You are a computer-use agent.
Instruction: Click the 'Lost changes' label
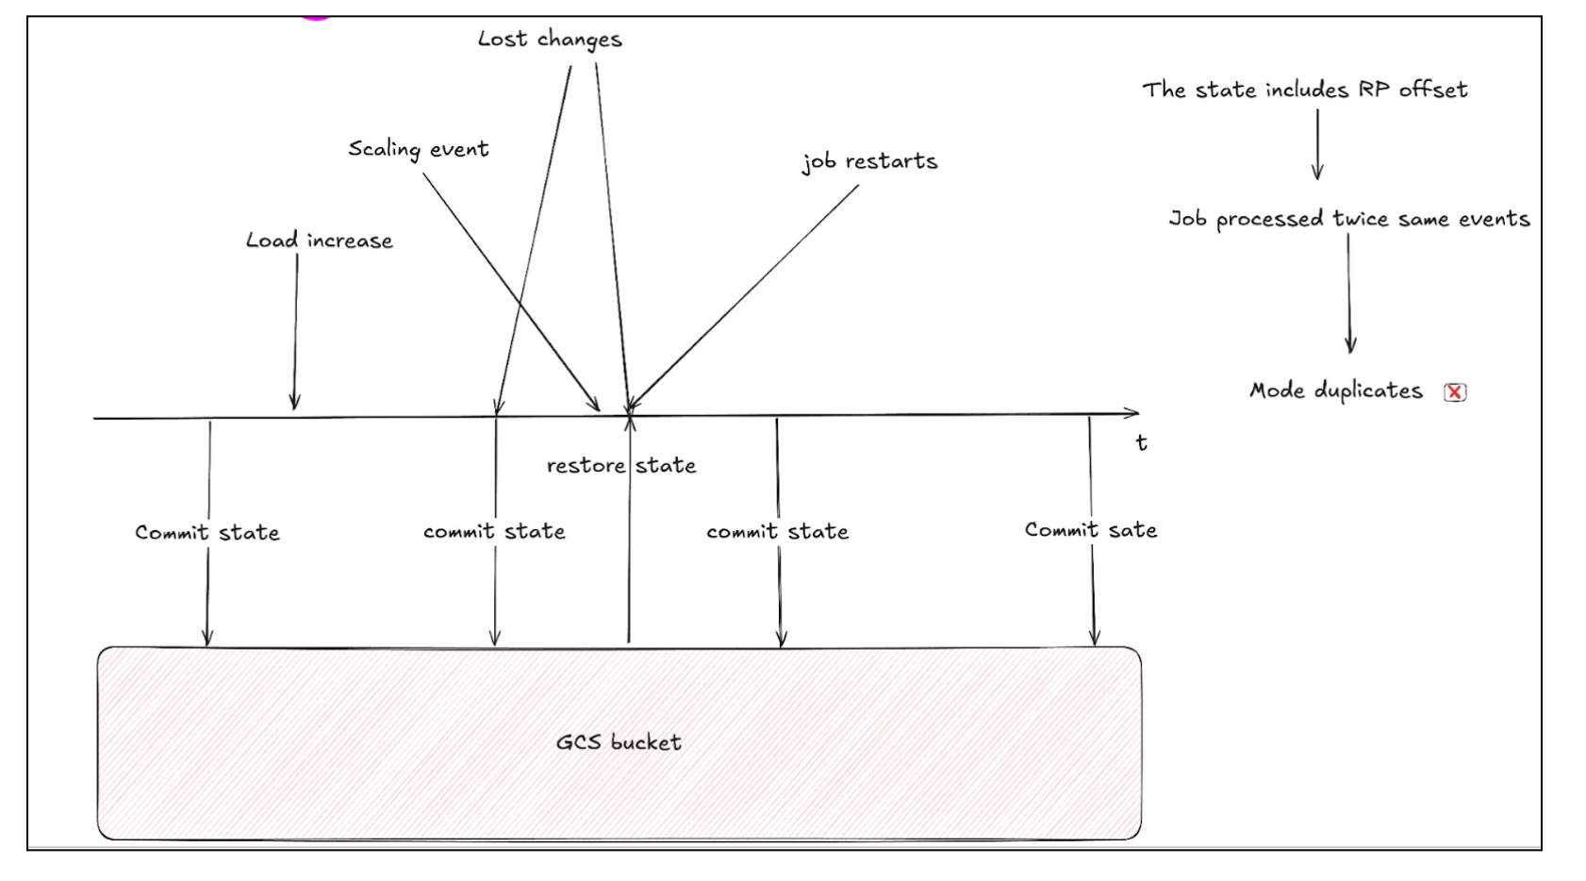click(550, 40)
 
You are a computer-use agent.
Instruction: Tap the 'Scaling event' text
click(419, 149)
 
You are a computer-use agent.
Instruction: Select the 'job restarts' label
click(869, 161)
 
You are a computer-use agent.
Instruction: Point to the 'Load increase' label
click(319, 241)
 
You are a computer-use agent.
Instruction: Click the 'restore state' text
click(621, 465)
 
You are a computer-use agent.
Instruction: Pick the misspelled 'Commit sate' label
click(1090, 530)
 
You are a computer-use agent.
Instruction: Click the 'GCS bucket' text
click(619, 742)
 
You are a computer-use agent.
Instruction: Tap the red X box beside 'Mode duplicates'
click(1455, 392)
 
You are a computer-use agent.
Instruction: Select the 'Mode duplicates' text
click(1335, 391)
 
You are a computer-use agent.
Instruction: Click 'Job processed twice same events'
click(1348, 219)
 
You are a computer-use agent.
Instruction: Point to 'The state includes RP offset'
click(1305, 90)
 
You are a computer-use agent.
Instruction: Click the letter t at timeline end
click(1141, 442)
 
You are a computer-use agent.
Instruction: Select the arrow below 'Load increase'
click(296, 330)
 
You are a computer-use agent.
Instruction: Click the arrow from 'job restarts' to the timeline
click(745, 297)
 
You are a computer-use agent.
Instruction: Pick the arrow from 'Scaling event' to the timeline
click(509, 291)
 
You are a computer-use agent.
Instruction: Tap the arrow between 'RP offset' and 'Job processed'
click(1317, 143)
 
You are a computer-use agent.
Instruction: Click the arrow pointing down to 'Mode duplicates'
click(1349, 292)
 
